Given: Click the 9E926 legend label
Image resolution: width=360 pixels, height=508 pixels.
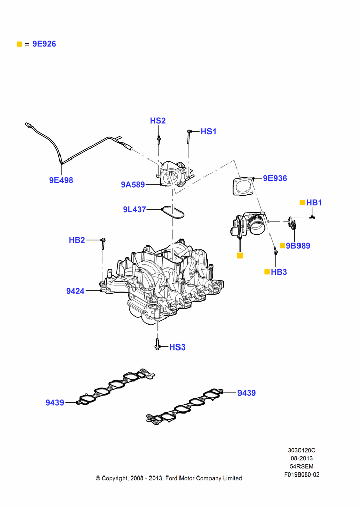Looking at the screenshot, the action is pyautogui.click(x=44, y=44).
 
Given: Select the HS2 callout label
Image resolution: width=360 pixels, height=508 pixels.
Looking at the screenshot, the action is pyautogui.click(x=158, y=121).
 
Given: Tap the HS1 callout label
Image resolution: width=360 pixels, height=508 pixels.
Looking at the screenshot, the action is pyautogui.click(x=208, y=131).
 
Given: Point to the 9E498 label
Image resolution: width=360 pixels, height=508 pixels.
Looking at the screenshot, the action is pyautogui.click(x=61, y=180).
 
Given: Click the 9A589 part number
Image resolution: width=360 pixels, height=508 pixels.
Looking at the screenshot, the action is pyautogui.click(x=133, y=185).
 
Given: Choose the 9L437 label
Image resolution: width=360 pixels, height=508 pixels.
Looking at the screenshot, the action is pyautogui.click(x=134, y=210).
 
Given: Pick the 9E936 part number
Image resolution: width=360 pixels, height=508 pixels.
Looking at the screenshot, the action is pyautogui.click(x=275, y=178).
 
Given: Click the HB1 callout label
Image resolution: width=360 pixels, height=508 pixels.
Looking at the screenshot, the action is pyautogui.click(x=314, y=203).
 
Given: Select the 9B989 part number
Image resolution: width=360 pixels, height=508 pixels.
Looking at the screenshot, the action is pyautogui.click(x=298, y=246).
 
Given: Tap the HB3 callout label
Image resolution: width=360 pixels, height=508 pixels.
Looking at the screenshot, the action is pyautogui.click(x=279, y=272).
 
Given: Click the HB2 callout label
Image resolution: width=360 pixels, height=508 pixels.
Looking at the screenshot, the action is pyautogui.click(x=77, y=240).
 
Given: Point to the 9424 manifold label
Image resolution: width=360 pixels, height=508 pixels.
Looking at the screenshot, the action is pyautogui.click(x=75, y=291).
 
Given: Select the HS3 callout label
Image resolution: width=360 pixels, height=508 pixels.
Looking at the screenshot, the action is pyautogui.click(x=177, y=347).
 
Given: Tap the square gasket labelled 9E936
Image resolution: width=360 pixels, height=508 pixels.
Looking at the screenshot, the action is pyautogui.click(x=243, y=186).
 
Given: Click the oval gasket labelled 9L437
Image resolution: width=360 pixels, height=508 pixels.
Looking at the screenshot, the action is pyautogui.click(x=172, y=213).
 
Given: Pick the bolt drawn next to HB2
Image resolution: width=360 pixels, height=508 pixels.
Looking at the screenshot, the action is pyautogui.click(x=103, y=244).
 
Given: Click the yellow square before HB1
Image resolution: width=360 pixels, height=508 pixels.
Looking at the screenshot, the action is pyautogui.click(x=302, y=203).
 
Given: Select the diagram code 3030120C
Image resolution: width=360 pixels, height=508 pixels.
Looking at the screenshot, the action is pyautogui.click(x=302, y=450).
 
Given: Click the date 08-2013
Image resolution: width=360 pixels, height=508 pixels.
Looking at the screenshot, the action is pyautogui.click(x=302, y=458).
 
